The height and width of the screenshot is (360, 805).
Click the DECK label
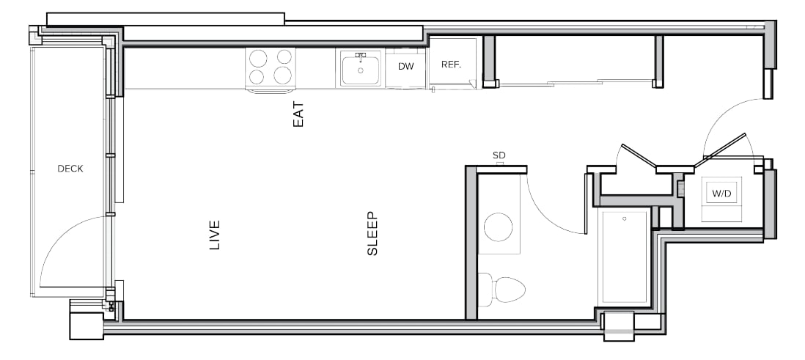[70, 169]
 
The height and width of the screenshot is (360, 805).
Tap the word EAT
[298, 114]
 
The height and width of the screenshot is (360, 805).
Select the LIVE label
[215, 235]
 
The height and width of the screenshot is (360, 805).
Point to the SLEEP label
[372, 234]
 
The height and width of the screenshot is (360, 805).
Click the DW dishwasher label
[405, 66]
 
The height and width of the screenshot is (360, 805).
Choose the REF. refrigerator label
[452, 65]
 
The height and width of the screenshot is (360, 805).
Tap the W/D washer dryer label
[721, 194]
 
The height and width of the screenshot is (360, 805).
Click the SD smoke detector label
[499, 155]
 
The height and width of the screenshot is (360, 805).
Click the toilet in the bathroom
[502, 290]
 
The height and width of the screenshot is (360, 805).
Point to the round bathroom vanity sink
[498, 227]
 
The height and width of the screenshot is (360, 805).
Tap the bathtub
[625, 257]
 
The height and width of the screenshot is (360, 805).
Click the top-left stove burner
[258, 58]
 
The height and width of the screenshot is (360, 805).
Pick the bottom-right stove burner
[282, 76]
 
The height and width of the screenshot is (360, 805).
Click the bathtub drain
[625, 218]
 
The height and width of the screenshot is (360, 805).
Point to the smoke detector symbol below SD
[499, 164]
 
